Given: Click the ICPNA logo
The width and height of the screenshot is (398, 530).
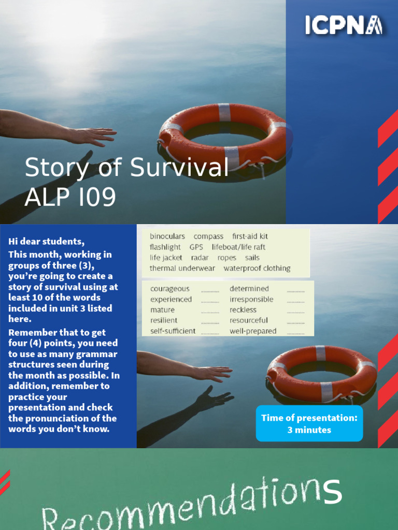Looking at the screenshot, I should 344,25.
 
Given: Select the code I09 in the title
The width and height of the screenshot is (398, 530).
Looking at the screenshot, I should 94,197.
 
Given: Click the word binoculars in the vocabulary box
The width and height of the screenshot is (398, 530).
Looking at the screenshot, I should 167,237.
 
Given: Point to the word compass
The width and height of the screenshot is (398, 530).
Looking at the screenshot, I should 208,237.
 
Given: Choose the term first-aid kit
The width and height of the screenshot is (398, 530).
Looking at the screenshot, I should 250,237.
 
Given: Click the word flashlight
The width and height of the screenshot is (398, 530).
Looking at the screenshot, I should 165,247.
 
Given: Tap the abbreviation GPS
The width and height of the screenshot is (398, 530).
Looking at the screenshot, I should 196,247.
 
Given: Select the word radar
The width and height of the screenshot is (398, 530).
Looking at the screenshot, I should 200,258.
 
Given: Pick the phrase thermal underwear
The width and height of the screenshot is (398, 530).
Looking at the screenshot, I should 182,268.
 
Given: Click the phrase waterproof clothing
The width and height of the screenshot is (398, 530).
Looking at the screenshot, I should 257,268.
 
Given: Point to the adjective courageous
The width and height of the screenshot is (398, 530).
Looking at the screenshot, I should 170,289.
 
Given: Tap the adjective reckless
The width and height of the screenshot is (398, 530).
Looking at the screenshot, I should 243,310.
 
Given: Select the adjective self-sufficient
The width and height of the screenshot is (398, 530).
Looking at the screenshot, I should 173,331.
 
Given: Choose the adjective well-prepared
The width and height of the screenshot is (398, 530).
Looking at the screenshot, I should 253,331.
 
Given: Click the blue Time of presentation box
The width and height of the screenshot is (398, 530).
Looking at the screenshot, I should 309,423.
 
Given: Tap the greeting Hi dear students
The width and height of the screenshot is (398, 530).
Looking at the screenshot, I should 46,241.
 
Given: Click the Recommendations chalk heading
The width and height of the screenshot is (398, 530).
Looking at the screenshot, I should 192,505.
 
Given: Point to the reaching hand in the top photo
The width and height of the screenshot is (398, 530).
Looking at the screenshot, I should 93,136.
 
